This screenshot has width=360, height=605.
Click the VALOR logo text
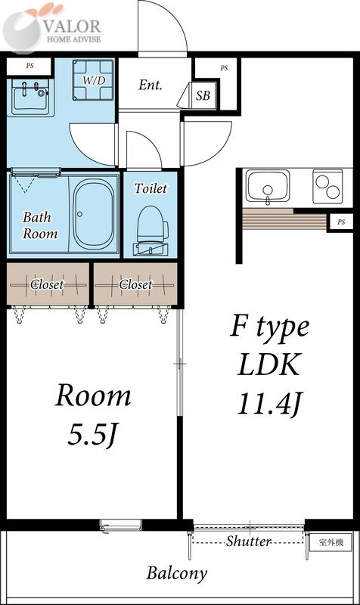(x=72, y=26)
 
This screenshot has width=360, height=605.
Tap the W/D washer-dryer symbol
(x=93, y=80)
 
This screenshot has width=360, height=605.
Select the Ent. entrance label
(x=151, y=85)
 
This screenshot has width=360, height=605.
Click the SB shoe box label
(x=203, y=95)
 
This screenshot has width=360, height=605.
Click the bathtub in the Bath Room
(x=94, y=214)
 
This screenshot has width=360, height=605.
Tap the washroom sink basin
(x=30, y=98)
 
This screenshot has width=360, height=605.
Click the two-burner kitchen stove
(x=327, y=186)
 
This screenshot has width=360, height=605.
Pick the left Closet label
(x=47, y=285)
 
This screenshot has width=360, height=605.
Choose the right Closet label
(x=135, y=285)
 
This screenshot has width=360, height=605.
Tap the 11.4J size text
(x=269, y=404)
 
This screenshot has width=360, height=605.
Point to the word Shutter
(x=249, y=541)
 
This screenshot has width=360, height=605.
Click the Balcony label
(x=177, y=574)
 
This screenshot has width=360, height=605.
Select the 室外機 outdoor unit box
(x=331, y=542)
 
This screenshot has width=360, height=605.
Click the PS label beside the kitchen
(x=341, y=222)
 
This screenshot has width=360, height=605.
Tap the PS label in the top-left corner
(x=29, y=66)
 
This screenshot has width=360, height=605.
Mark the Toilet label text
(x=151, y=188)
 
